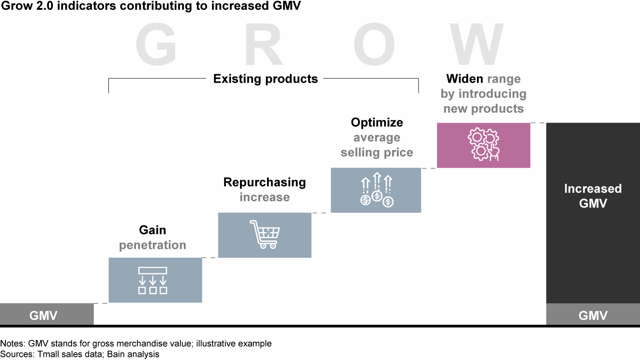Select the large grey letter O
click(374, 44)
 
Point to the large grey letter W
click(476, 44)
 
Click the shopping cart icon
click(265, 234)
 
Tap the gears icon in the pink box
click(484, 144)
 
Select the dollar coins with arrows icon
click(377, 190)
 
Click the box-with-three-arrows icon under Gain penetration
click(152, 280)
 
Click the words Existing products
click(265, 79)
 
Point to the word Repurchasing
click(264, 182)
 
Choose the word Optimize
click(377, 123)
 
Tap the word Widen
click(464, 79)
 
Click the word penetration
click(152, 245)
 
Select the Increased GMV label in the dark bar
click(593, 196)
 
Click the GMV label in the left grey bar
click(44, 316)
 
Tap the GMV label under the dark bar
click(593, 316)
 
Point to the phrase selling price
click(377, 152)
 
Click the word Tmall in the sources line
click(47, 354)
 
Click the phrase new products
click(484, 109)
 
